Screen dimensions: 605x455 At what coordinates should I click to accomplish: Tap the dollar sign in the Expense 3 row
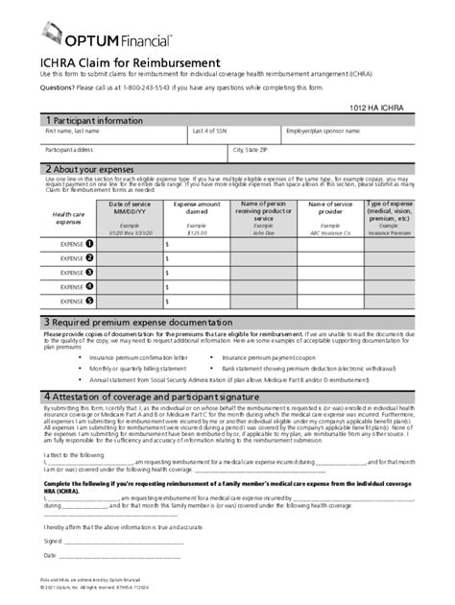click(x=168, y=272)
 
